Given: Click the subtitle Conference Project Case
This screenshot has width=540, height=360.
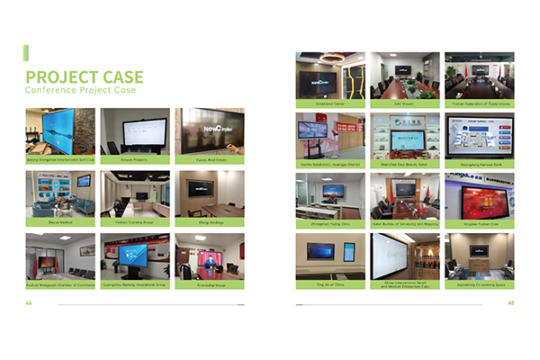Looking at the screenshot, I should [x=81, y=91].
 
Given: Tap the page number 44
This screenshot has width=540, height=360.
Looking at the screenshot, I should [x=29, y=302].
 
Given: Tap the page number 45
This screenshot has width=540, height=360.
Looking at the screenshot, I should [x=510, y=302].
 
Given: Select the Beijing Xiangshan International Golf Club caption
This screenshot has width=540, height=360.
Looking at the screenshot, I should [x=59, y=159].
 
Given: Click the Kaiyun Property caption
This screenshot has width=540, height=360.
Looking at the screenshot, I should [x=134, y=159].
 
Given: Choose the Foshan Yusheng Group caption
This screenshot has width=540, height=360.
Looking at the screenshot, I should [x=134, y=220].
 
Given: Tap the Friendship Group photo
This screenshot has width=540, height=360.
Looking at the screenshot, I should [x=209, y=254].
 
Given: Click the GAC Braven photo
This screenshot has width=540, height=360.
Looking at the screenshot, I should [x=405, y=75].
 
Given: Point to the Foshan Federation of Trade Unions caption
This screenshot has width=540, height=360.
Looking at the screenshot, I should [x=480, y=103].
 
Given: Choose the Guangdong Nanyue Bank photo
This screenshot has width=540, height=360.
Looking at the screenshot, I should [x=480, y=135].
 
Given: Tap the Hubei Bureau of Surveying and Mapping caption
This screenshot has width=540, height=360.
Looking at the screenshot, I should [x=405, y=224].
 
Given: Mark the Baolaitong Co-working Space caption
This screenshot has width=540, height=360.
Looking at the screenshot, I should [x=480, y=284].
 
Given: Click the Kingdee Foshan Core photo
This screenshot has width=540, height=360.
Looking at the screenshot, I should [x=480, y=195].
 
